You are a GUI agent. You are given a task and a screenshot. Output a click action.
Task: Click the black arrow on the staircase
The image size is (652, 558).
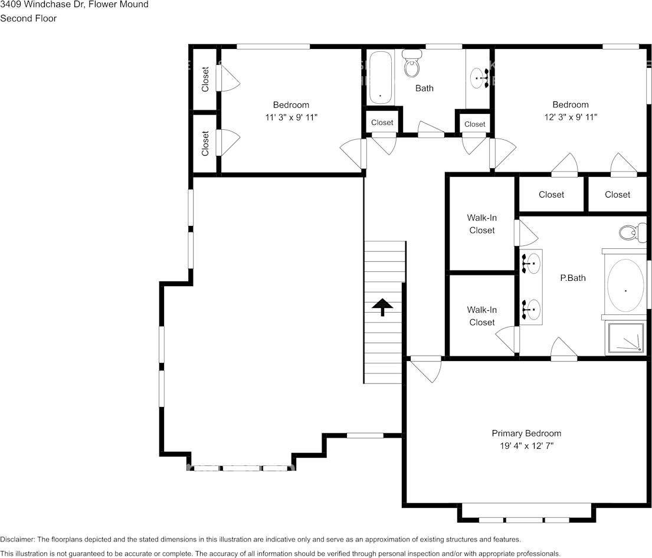pyautogui.click(x=382, y=307)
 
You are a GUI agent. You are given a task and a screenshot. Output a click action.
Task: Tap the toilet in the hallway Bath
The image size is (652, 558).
pyautogui.click(x=412, y=64)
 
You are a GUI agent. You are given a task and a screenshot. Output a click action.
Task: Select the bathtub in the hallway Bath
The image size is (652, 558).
pyautogui.click(x=381, y=77)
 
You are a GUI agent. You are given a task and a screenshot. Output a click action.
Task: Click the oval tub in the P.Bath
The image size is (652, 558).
pyautogui.click(x=625, y=285)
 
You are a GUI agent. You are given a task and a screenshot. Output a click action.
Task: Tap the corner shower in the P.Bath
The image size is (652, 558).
pyautogui.click(x=627, y=339)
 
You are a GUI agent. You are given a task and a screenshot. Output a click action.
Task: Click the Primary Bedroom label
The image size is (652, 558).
pyautogui.click(x=526, y=433)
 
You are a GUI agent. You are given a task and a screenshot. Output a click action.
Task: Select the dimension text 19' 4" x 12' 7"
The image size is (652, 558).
pyautogui.click(x=526, y=446)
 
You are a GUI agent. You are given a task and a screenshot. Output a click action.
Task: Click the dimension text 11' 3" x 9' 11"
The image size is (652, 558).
pyautogui.click(x=291, y=117)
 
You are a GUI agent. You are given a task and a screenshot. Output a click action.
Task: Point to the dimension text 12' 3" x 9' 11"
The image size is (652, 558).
pyautogui.click(x=571, y=117)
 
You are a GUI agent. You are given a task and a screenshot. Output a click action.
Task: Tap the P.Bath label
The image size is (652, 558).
pyautogui.click(x=572, y=277)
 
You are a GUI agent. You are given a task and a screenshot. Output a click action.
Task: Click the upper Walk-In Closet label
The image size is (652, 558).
pyautogui.click(x=482, y=224)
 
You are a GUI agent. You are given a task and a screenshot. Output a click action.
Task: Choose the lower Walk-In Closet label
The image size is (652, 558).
pyautogui.click(x=482, y=316)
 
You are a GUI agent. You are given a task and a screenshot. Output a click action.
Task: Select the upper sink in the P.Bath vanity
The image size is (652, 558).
pyautogui.click(x=532, y=264)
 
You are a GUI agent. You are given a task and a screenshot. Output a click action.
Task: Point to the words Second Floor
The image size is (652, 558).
pyautogui.click(x=28, y=18)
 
